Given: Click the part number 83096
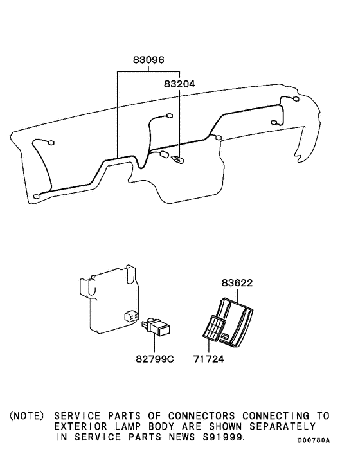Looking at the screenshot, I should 148,60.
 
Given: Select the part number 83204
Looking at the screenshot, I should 179,83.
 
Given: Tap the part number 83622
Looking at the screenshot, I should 238,282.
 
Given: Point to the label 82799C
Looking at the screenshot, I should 154,358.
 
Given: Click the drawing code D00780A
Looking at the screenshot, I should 314,440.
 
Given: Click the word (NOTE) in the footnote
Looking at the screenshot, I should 27,416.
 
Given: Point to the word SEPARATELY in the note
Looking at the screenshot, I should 287,426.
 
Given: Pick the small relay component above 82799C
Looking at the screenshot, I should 157,326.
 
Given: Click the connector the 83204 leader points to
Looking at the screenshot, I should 177,160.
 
